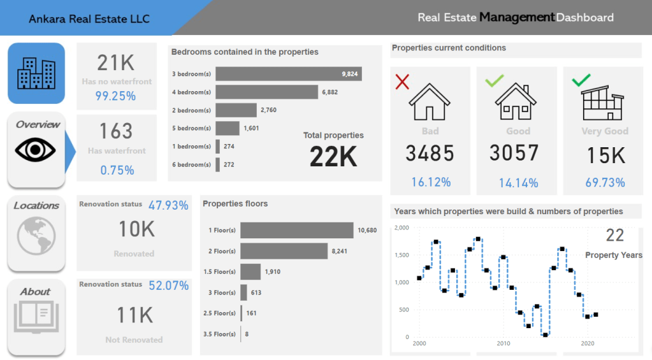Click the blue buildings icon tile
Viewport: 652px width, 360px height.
click(36, 73)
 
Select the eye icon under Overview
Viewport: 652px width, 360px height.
click(36, 150)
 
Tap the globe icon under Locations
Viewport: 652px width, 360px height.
click(36, 235)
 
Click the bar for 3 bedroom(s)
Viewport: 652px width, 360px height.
click(288, 74)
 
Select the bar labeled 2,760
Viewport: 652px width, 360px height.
click(236, 110)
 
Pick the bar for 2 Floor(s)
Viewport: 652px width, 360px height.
click(284, 251)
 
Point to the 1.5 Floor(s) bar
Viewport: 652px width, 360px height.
click(250, 271)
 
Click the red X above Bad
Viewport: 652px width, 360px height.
click(402, 82)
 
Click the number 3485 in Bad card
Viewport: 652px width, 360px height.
click(430, 154)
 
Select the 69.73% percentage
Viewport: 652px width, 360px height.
click(605, 183)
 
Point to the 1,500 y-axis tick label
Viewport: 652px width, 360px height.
click(402, 255)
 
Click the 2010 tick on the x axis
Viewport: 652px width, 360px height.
click(503, 343)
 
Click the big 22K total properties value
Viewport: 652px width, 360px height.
click(333, 157)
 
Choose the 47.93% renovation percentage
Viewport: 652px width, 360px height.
click(168, 205)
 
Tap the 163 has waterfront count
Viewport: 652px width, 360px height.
click(116, 131)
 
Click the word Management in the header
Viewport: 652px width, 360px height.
click(516, 17)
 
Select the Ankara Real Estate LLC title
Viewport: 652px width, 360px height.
click(89, 19)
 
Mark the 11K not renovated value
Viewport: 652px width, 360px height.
click(134, 315)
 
